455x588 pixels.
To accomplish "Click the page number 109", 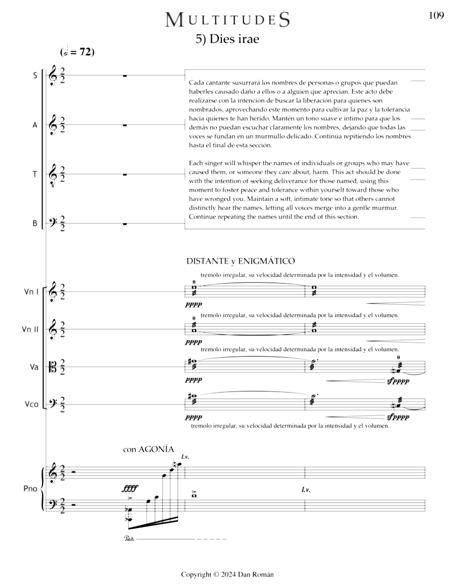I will (436, 16).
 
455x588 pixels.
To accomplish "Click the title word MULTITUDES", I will (227, 20).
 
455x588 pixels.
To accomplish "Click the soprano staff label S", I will (35, 76).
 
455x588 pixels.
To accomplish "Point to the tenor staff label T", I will (35, 174).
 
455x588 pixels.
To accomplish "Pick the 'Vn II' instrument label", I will (32, 329).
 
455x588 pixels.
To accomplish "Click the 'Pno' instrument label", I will (31, 488).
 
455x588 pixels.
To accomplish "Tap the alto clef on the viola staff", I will (53, 367).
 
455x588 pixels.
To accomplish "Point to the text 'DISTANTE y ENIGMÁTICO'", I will (240, 261).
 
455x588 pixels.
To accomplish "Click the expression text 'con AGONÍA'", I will (148, 450).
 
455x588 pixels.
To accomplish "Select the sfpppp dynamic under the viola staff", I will (398, 382).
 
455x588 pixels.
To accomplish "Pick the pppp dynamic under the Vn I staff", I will (193, 305).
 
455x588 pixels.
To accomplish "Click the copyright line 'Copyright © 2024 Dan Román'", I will (227, 574).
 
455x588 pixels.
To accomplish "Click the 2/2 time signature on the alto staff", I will (64, 125).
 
